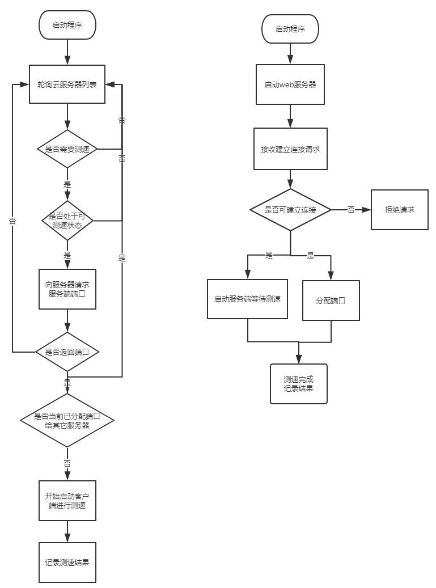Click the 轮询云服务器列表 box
(x=67, y=84)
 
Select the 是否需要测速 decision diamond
(x=67, y=149)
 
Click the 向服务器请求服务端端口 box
(x=67, y=289)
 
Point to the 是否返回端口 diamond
(x=67, y=352)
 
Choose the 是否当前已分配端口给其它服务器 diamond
(x=67, y=420)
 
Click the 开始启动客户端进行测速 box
(x=67, y=500)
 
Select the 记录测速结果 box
(x=67, y=562)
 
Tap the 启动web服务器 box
(x=290, y=84)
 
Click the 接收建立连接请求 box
(x=290, y=149)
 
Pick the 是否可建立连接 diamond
(x=290, y=210)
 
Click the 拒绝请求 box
(x=399, y=210)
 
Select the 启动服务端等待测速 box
(x=247, y=299)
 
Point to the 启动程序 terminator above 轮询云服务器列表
(x=67, y=26)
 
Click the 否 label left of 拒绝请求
(x=351, y=210)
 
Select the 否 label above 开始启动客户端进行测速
(x=67, y=463)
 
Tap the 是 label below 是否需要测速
(x=67, y=184)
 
